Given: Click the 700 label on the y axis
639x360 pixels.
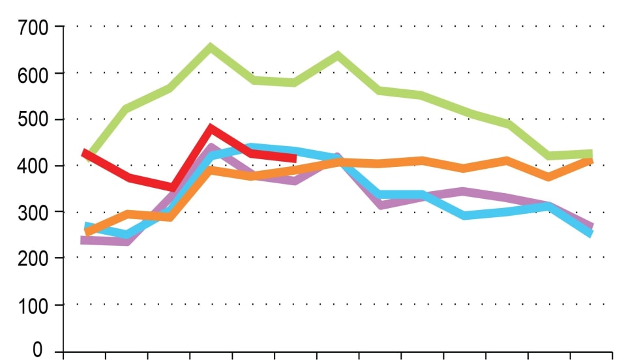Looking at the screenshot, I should [x=34, y=27].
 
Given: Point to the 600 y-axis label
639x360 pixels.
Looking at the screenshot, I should [x=34, y=74].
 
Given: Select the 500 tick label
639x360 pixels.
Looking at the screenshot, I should [x=34, y=120].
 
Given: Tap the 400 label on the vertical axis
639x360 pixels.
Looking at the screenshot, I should [x=34, y=166].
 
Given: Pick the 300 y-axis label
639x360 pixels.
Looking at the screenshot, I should [x=34, y=213].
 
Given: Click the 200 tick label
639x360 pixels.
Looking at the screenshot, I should [x=34, y=259].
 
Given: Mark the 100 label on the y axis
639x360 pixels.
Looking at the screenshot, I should [x=34, y=305].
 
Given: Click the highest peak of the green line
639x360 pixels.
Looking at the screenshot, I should [x=211, y=47].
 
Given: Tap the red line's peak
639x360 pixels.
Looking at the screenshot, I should [x=211, y=128].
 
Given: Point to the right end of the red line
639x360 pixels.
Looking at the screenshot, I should [x=295, y=158].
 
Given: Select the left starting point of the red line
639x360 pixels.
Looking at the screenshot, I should [x=84, y=153].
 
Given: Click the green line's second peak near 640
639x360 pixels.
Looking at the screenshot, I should [x=338, y=55].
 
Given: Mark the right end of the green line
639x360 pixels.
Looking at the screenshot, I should [x=591, y=154].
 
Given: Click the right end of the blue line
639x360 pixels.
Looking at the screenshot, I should [x=591, y=233].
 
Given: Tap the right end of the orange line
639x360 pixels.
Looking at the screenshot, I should [x=591, y=159].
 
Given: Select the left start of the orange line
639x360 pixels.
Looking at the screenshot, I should [x=87, y=232].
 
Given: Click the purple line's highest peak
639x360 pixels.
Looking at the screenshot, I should [x=211, y=148].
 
